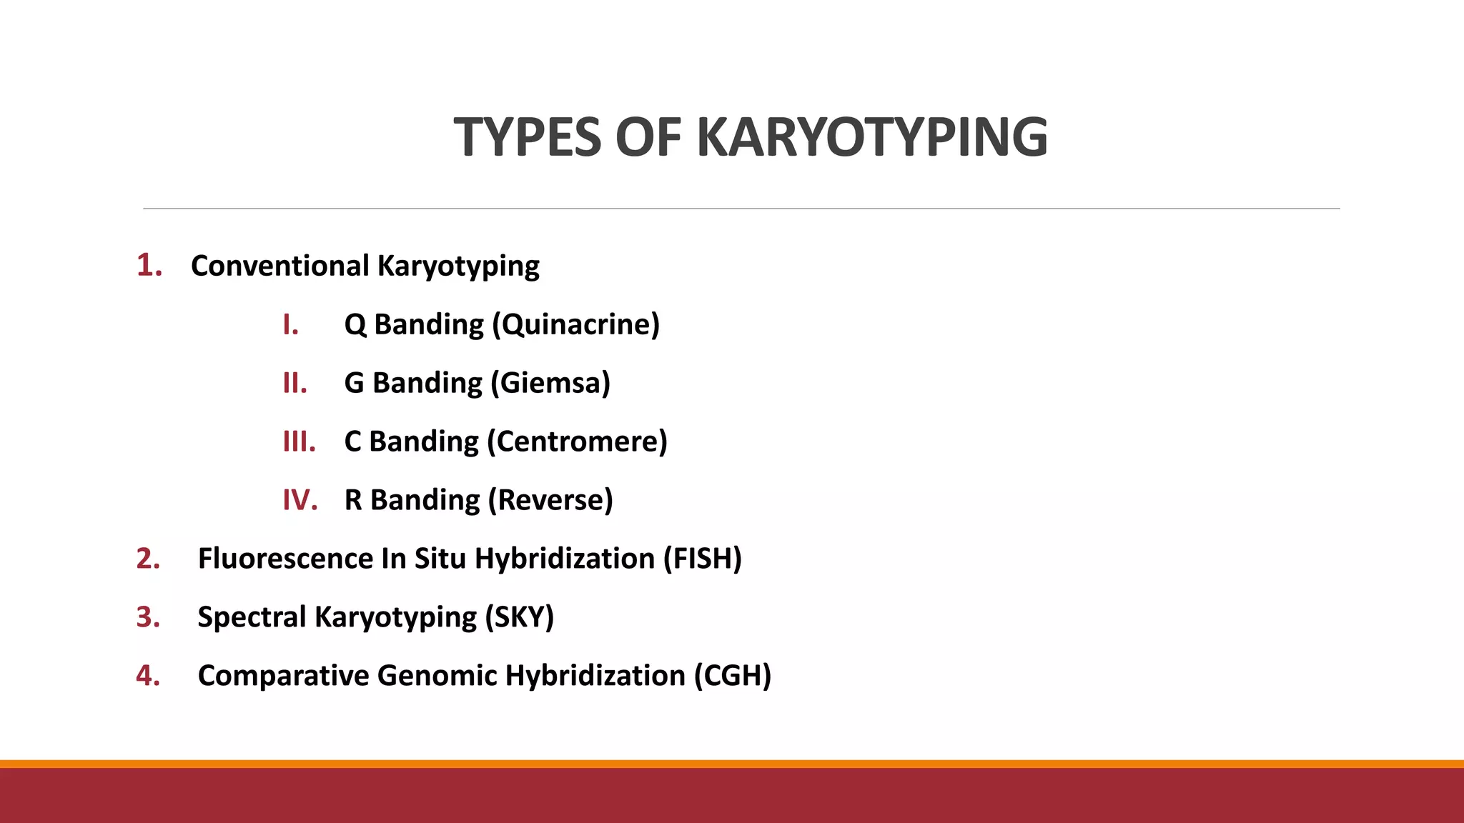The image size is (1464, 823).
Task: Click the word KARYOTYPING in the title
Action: (x=872, y=137)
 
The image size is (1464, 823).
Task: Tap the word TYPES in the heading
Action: (x=528, y=137)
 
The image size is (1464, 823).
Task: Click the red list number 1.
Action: (x=149, y=265)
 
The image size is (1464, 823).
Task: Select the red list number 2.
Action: (x=148, y=558)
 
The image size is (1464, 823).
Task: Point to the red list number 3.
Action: (x=148, y=617)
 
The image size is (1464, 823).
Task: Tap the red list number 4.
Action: (x=148, y=675)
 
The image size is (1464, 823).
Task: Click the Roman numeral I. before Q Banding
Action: (x=290, y=324)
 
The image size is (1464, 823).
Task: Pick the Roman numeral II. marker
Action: (x=295, y=383)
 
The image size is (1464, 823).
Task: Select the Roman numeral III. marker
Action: (x=299, y=442)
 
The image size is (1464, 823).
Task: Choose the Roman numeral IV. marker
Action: (x=300, y=500)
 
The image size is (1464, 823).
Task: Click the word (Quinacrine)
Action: (x=575, y=324)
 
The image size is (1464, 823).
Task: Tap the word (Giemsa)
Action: (x=550, y=383)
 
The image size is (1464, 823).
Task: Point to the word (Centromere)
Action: (x=577, y=442)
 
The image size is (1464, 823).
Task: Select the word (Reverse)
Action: (x=550, y=500)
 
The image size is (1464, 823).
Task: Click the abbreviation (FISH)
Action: (x=703, y=558)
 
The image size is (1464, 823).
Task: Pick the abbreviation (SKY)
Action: (x=520, y=617)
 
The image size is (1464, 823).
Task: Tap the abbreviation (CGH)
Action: (x=733, y=675)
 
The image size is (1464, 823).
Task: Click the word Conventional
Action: (x=280, y=266)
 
